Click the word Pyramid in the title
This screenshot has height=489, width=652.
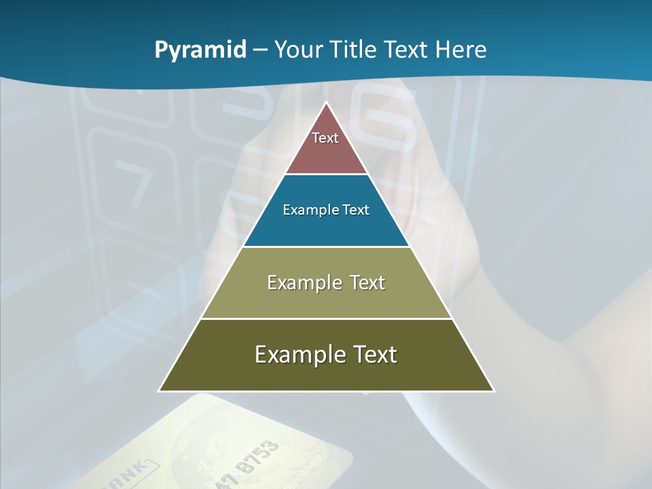[x=200, y=50]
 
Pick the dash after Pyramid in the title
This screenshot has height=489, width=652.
[x=259, y=50]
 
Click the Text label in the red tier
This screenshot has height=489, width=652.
[x=325, y=138]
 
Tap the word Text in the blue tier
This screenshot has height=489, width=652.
[x=356, y=210]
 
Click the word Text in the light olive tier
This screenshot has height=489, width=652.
[x=367, y=283]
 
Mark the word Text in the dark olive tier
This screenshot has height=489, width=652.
[x=376, y=355]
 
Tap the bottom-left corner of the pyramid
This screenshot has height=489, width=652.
[x=159, y=391]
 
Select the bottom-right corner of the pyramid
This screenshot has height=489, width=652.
[x=494, y=391]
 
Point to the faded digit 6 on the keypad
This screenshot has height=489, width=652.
[x=387, y=122]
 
